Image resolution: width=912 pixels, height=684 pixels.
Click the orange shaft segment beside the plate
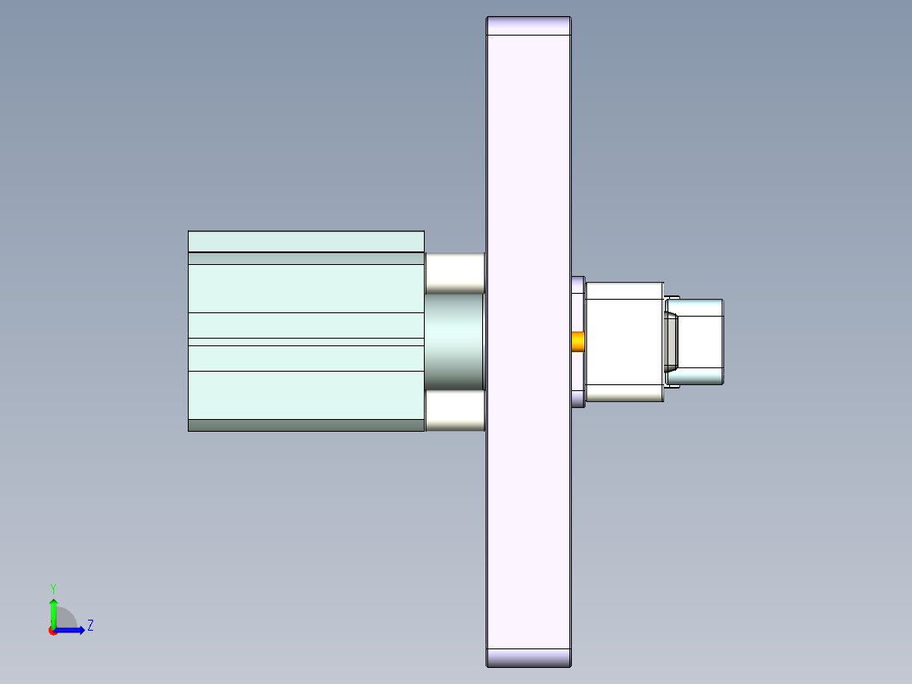(579, 341)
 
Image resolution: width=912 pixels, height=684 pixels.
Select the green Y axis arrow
(53, 611)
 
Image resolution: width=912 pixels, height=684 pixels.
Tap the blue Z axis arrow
(72, 630)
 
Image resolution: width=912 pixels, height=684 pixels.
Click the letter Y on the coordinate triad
(52, 587)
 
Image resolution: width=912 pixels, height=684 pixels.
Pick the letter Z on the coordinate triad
(90, 626)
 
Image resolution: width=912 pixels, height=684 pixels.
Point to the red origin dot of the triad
(52, 631)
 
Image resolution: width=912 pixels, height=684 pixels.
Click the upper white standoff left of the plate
(454, 273)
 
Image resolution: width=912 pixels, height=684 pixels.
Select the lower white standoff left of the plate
(454, 411)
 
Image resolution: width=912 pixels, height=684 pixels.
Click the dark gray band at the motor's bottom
(305, 426)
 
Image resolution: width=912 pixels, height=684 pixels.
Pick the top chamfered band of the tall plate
(529, 26)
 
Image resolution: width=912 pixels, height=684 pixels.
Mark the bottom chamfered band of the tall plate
(529, 658)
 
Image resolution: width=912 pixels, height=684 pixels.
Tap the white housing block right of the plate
(624, 341)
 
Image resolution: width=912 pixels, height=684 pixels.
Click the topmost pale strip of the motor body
(305, 241)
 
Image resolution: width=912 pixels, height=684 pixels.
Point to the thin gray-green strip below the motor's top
(305, 258)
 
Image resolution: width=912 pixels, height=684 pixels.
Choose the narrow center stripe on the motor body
(305, 342)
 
